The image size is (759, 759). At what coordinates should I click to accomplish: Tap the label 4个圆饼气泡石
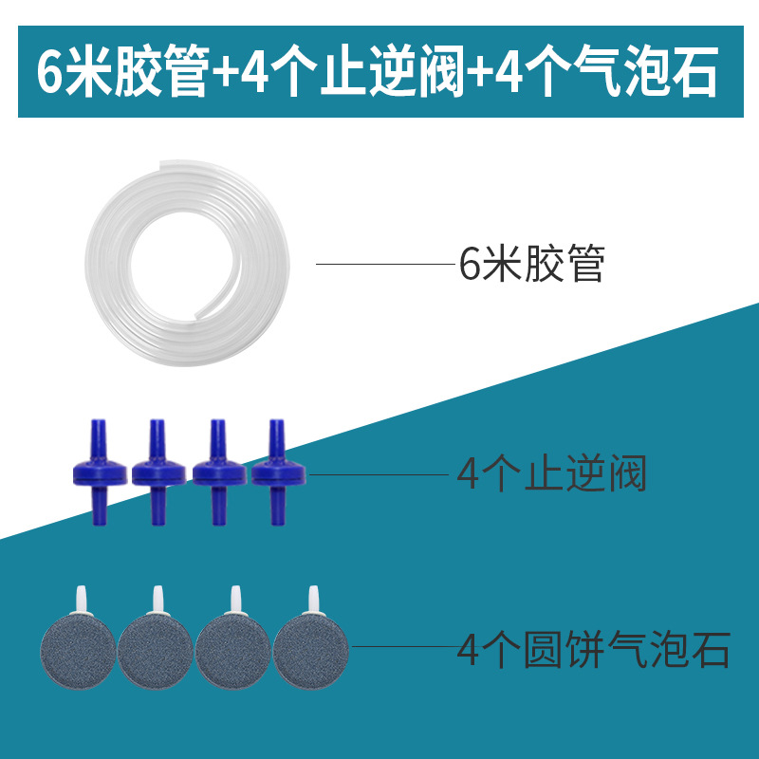(x=594, y=653)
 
